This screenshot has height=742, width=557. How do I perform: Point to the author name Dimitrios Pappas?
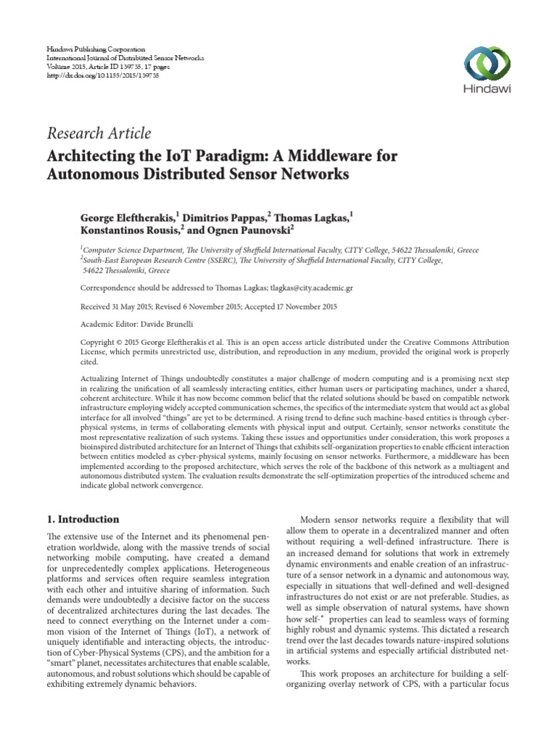point(222,217)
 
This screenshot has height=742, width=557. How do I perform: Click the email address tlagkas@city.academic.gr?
point(290,288)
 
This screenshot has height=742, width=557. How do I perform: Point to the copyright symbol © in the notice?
point(117,341)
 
